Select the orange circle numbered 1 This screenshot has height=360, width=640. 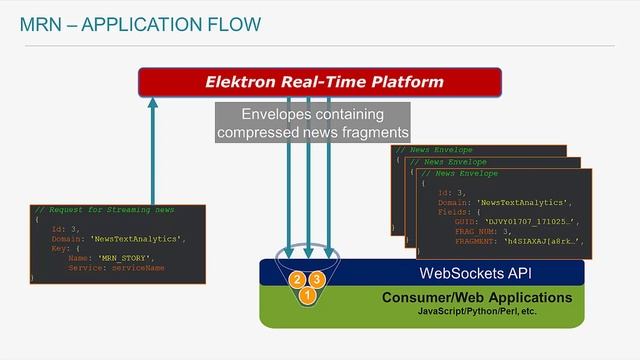307,295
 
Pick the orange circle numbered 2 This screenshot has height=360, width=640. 297,279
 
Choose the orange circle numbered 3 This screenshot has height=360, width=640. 317,279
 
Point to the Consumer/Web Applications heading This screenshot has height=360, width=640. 476,298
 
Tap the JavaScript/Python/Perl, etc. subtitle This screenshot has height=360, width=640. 476,313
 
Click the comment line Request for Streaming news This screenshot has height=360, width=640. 105,210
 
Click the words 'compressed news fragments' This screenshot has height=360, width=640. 313,132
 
